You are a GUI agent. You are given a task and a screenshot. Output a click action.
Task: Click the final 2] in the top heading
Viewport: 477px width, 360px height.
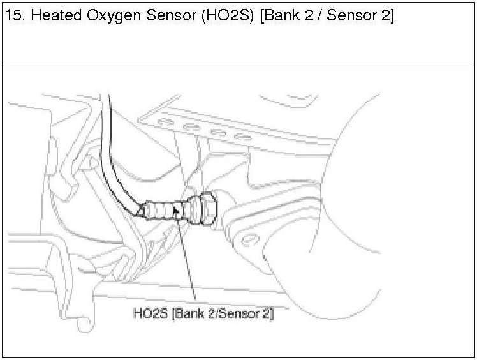tap(387, 17)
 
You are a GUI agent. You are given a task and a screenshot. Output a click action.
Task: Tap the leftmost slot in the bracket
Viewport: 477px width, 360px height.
tap(166, 121)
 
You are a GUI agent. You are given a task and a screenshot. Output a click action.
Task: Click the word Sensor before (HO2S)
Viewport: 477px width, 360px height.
tap(165, 17)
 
